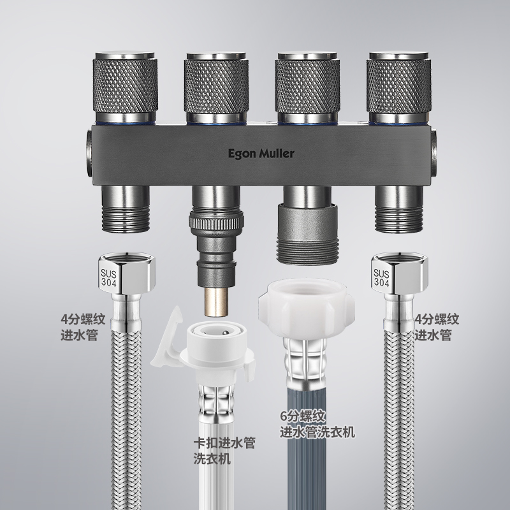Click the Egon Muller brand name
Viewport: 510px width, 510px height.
coord(261,154)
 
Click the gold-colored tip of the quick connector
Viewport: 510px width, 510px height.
coord(215,302)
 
